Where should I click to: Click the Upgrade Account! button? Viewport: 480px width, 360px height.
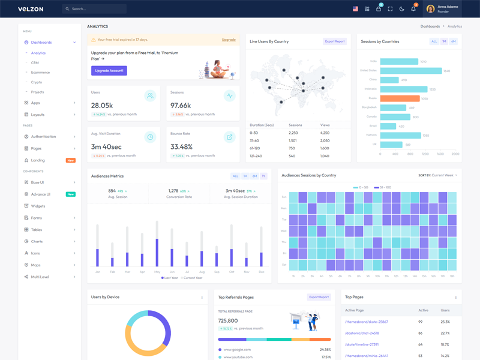coord(109,71)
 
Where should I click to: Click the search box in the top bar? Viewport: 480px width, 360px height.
coord(94,9)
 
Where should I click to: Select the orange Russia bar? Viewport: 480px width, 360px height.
coord(400,98)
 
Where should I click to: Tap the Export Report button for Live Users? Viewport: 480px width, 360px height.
coord(335,41)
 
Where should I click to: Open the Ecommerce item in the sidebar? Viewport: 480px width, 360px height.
coord(41,73)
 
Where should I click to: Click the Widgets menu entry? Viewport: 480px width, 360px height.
coord(38,206)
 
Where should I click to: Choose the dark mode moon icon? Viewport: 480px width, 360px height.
coord(402,9)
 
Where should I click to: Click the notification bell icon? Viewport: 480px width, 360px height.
coord(413,9)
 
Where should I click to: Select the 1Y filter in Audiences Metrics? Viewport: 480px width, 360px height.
coord(263,176)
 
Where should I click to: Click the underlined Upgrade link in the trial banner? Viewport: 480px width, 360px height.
coord(229,40)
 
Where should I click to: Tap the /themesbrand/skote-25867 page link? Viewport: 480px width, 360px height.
coord(367,322)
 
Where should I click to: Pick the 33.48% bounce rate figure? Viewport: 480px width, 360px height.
coord(182,146)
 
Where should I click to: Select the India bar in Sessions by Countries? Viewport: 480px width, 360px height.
coord(399,61)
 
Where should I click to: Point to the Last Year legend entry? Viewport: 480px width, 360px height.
coord(170,278)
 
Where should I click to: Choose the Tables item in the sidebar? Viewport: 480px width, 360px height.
coord(37,230)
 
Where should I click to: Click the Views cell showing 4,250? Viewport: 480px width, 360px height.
coord(325,133)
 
